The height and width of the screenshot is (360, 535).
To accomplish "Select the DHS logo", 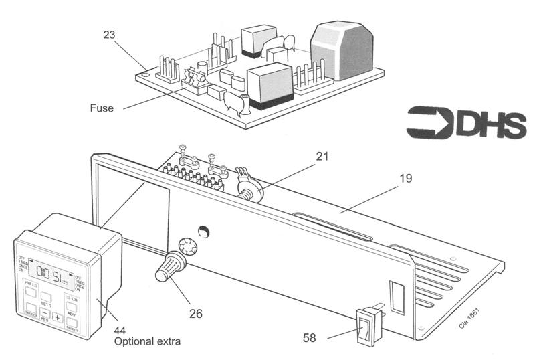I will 461,122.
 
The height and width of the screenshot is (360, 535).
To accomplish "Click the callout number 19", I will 405,179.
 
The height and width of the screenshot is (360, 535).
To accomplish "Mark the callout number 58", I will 309,339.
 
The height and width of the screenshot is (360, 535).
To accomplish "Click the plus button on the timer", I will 58,317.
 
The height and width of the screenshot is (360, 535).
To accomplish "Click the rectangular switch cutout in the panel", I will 395,298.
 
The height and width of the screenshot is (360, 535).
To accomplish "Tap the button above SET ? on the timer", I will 45,295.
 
